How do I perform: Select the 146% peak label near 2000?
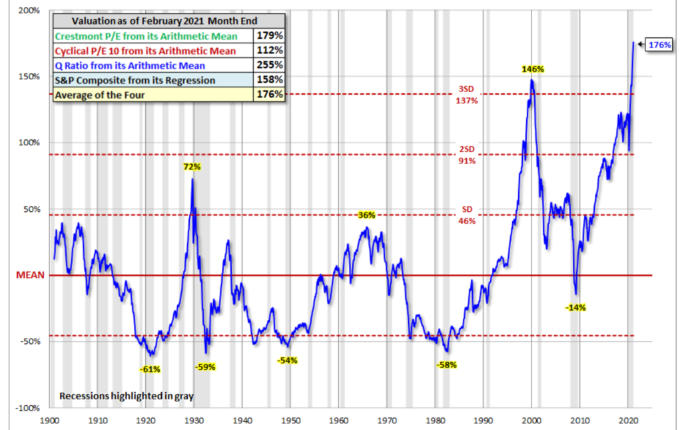coord(533,69)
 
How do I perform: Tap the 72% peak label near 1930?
coord(192,166)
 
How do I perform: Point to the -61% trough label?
coord(150,369)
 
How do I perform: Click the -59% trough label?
coord(205,366)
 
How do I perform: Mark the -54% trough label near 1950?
coord(288,361)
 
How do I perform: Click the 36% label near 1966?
coord(366,215)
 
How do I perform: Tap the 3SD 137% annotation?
coord(467,95)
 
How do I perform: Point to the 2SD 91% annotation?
coord(467,155)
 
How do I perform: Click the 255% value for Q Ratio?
coord(270,65)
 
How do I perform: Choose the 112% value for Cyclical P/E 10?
coord(270,51)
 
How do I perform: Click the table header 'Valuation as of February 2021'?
coord(170,21)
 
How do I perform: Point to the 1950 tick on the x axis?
coord(290,422)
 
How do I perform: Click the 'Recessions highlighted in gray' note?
coord(126,396)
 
